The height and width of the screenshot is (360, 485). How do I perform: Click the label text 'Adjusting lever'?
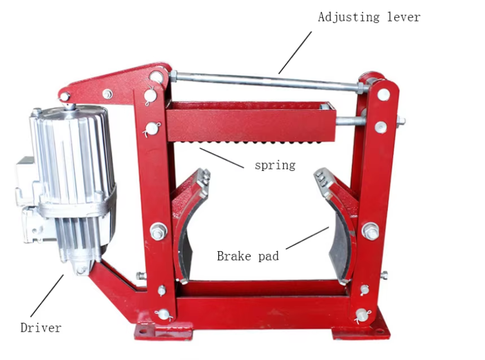click(x=369, y=17)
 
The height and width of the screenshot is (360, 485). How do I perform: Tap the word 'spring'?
click(x=275, y=165)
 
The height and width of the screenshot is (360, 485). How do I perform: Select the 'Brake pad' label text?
click(x=248, y=256)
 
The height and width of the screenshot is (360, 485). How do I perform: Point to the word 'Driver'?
click(x=41, y=327)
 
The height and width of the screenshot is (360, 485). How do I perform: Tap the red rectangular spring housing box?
click(x=251, y=122)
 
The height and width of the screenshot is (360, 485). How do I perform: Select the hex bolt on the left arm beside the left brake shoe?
click(x=158, y=231)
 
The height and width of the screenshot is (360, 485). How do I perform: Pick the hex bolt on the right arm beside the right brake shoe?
click(x=371, y=231)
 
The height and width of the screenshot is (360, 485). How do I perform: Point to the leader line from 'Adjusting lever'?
click(x=295, y=52)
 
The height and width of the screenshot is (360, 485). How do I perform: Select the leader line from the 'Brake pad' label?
click(x=307, y=238)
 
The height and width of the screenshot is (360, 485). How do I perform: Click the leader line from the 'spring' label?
click(x=222, y=158)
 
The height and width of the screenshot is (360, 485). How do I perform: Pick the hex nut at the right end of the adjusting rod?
click(x=360, y=88)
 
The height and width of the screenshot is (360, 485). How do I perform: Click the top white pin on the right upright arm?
click(x=383, y=95)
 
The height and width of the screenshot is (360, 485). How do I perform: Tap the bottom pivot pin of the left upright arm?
click(x=163, y=315)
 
